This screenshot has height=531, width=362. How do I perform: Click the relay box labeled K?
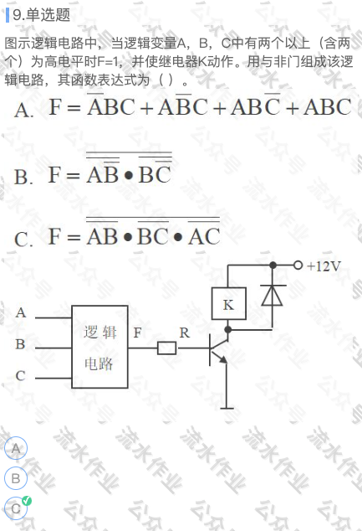coord(229,303)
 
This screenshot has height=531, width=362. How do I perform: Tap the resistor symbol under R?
coord(167,348)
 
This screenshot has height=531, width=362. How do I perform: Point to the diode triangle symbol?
coord(273,296)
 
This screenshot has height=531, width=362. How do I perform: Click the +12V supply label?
coord(324,266)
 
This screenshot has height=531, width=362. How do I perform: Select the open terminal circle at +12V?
coord(298,265)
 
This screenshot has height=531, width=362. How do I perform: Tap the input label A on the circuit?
coord(21,312)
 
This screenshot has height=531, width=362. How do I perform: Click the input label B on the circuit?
coord(20,344)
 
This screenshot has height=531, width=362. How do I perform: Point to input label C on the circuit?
coord(20,375)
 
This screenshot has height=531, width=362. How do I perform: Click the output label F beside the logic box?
coord(137,333)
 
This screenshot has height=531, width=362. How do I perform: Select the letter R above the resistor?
coord(185,333)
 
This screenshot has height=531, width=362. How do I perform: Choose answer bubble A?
coord(16,448)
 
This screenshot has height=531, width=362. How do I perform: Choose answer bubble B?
coord(16,478)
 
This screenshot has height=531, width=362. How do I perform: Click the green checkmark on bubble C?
coord(27,501)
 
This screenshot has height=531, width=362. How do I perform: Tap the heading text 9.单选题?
coord(41,15)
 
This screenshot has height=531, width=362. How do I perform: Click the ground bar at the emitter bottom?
coord(227,409)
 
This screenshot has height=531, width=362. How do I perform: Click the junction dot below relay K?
coord(228,329)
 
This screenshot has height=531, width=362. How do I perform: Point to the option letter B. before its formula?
coord(23,177)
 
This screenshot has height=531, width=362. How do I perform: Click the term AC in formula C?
coord(204,236)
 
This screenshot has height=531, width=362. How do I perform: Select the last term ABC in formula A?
coord(327,107)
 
